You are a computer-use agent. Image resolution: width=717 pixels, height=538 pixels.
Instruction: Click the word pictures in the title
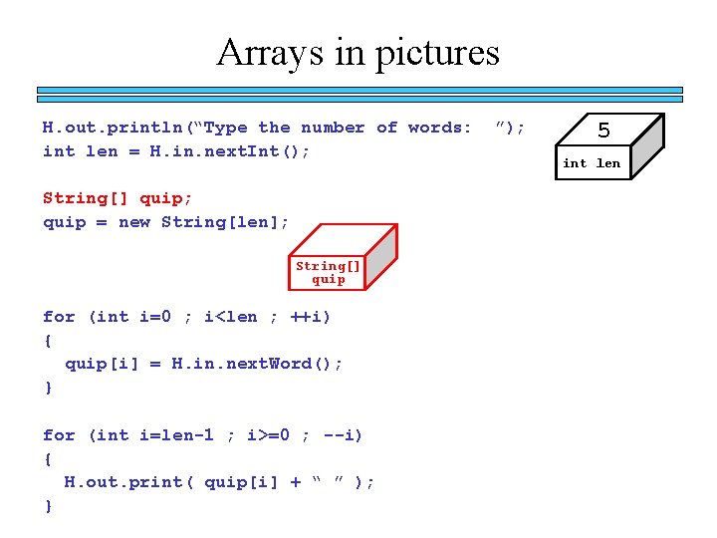coord(439,52)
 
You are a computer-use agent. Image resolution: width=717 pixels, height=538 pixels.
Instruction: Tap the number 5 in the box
coord(603,132)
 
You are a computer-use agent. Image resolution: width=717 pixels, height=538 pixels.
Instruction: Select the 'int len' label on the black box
coord(592,163)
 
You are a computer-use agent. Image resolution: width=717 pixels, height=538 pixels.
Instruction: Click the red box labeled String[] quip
coord(329,272)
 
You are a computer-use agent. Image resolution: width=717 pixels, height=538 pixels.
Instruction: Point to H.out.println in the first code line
coord(113,128)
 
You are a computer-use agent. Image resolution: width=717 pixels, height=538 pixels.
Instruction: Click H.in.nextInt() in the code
coord(229,151)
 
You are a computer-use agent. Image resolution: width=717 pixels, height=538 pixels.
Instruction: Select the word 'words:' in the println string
coord(439,128)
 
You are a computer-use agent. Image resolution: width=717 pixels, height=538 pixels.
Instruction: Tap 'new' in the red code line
coord(133,222)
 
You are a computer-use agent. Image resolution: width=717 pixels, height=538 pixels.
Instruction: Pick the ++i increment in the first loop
coord(310,317)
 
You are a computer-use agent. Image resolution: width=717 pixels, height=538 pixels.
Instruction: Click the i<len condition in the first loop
coord(229,317)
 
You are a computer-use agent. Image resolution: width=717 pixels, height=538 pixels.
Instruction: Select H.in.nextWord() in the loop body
coord(257,364)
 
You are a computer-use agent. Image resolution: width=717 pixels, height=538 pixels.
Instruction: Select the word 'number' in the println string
coord(333,128)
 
